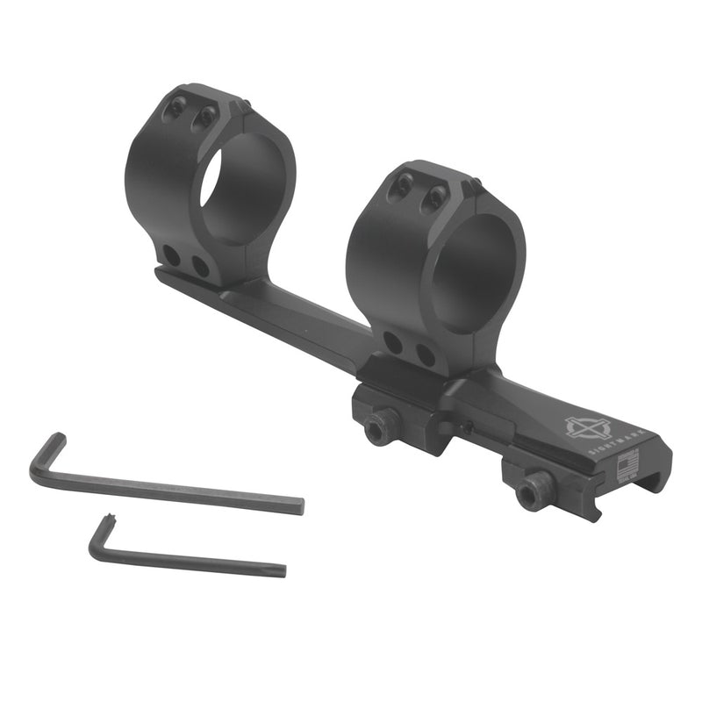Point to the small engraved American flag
point(627,465)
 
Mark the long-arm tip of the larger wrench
point(301,507)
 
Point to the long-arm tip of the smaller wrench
point(282,570)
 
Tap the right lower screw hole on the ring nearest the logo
point(425,355)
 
